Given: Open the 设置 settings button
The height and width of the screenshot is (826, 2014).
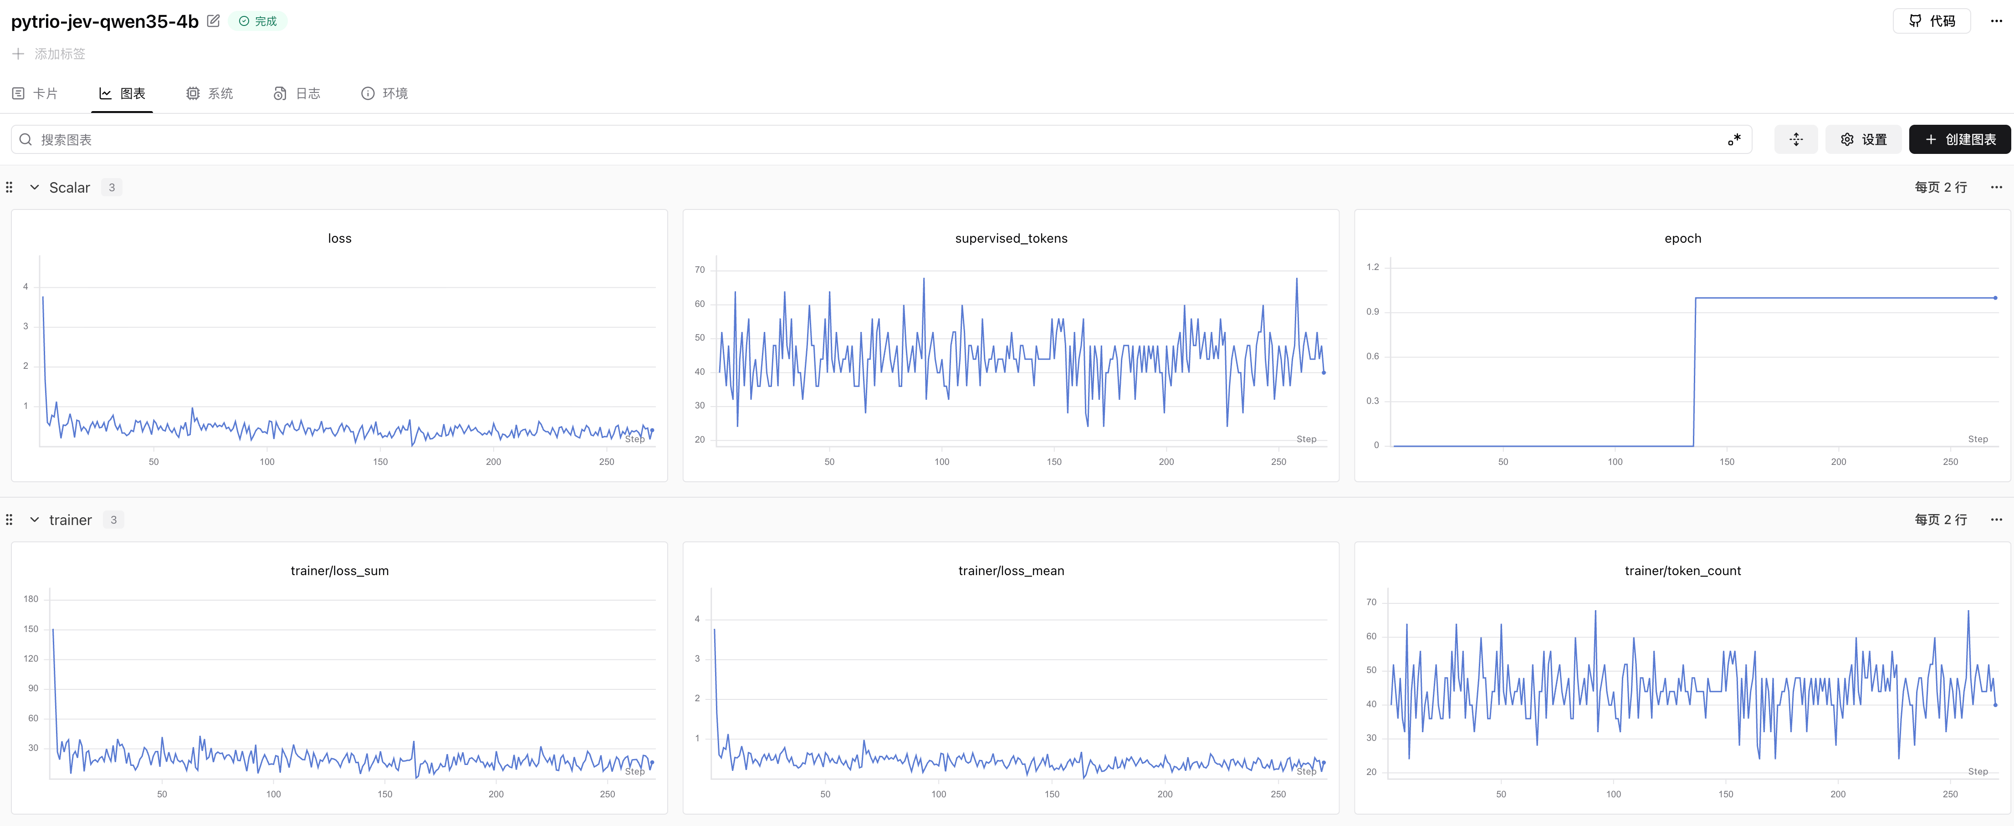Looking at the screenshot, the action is point(1863,139).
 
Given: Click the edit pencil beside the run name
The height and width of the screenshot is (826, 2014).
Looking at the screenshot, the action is point(214,21).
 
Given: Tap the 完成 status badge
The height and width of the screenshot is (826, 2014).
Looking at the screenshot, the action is point(258,21).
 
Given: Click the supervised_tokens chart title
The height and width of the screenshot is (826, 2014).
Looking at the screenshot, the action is point(1011,238).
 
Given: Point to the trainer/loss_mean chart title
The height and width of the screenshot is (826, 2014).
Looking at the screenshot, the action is point(1011,571).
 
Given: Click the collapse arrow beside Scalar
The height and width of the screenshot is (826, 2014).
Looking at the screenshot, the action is point(35,188).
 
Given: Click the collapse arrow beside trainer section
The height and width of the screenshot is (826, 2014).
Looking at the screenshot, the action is point(35,520).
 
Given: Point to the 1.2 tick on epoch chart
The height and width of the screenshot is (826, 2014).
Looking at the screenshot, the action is point(1373,267).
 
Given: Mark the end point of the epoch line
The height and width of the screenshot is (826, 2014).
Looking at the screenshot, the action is point(1995,298).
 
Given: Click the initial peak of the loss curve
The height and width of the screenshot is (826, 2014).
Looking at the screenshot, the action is point(43,297).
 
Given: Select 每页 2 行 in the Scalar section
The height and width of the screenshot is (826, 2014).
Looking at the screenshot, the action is point(1941,188).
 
